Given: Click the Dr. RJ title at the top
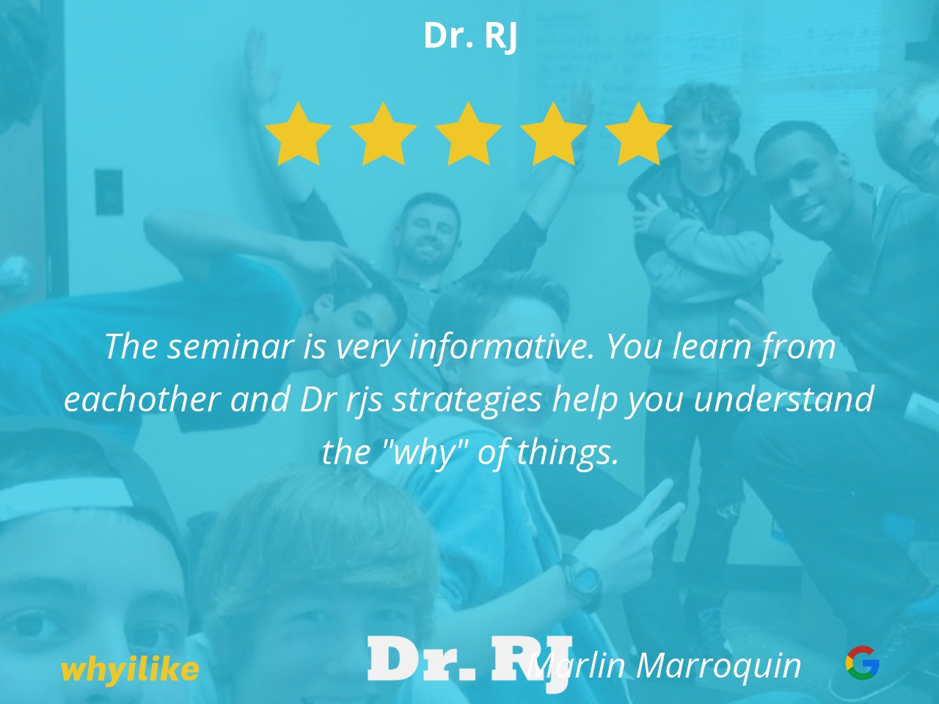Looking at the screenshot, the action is (470, 37).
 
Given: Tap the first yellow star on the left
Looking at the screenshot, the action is (298, 135).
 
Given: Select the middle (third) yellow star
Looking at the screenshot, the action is (469, 135).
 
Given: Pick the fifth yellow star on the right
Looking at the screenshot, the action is (639, 135).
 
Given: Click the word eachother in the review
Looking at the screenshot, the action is (142, 399).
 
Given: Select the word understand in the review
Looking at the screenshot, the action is (783, 399).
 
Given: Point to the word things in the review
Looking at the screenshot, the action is (568, 453).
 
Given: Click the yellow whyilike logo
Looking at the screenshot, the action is (130, 669).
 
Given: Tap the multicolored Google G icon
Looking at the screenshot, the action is (863, 663).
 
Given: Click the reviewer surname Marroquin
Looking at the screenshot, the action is (719, 666).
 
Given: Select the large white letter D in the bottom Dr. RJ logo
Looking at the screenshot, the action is (394, 659).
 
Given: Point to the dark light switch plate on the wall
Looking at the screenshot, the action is (109, 192).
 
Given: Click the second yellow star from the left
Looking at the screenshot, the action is (383, 135).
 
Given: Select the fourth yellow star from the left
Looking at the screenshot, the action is (554, 135).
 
